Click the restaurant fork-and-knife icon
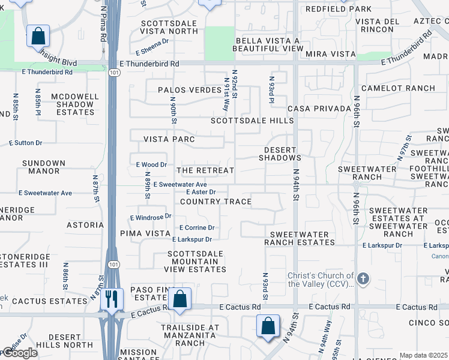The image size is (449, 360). [x=111, y=299]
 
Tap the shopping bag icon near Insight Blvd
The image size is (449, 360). [x=38, y=36]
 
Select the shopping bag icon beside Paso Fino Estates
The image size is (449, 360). [x=179, y=299]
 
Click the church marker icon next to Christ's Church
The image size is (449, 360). [x=362, y=278]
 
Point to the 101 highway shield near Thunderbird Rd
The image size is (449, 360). [x=113, y=73]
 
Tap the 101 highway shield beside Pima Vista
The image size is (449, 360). [x=112, y=265]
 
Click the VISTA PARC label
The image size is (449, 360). [x=169, y=139]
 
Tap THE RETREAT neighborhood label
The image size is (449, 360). [x=205, y=170]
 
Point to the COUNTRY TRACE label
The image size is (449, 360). [x=215, y=202]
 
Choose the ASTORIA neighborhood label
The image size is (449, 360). [x=85, y=225]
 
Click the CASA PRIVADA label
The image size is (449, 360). [x=319, y=109]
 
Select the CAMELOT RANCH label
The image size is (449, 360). [x=398, y=88]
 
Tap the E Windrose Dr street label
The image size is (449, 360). [x=151, y=216]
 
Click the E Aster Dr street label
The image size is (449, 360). [x=200, y=192]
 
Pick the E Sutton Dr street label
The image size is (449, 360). [x=26, y=143]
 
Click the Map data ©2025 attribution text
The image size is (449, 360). [x=423, y=355]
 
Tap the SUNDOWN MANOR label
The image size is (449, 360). [x=43, y=167]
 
